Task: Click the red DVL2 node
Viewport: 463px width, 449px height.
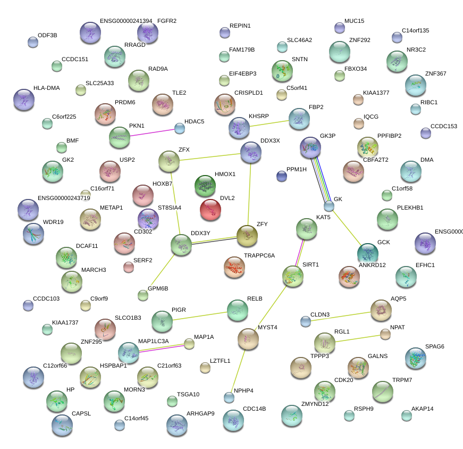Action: pyautogui.click(x=211, y=210)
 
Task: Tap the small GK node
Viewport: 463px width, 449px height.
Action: pyautogui.click(x=329, y=205)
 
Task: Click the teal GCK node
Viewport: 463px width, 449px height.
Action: pyautogui.click(x=367, y=253)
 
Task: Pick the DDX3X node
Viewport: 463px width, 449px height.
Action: pyautogui.click(x=250, y=152)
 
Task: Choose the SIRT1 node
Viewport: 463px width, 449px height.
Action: pyautogui.click(x=293, y=276)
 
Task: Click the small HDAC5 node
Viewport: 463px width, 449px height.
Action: pyautogui.click(x=180, y=128)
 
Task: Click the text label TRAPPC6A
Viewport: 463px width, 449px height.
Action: pyautogui.click(x=259, y=255)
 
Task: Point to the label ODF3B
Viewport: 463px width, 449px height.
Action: pyautogui.click(x=47, y=35)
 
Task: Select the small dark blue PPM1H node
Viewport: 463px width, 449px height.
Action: pyautogui.click(x=282, y=176)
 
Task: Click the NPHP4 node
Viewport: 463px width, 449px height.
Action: pyautogui.click(x=229, y=397)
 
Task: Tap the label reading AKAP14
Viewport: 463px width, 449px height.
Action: pyautogui.click(x=423, y=409)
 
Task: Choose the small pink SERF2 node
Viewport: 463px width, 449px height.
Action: pyautogui.click(x=129, y=267)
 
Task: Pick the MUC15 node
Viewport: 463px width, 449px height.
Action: pyautogui.click(x=340, y=28)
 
